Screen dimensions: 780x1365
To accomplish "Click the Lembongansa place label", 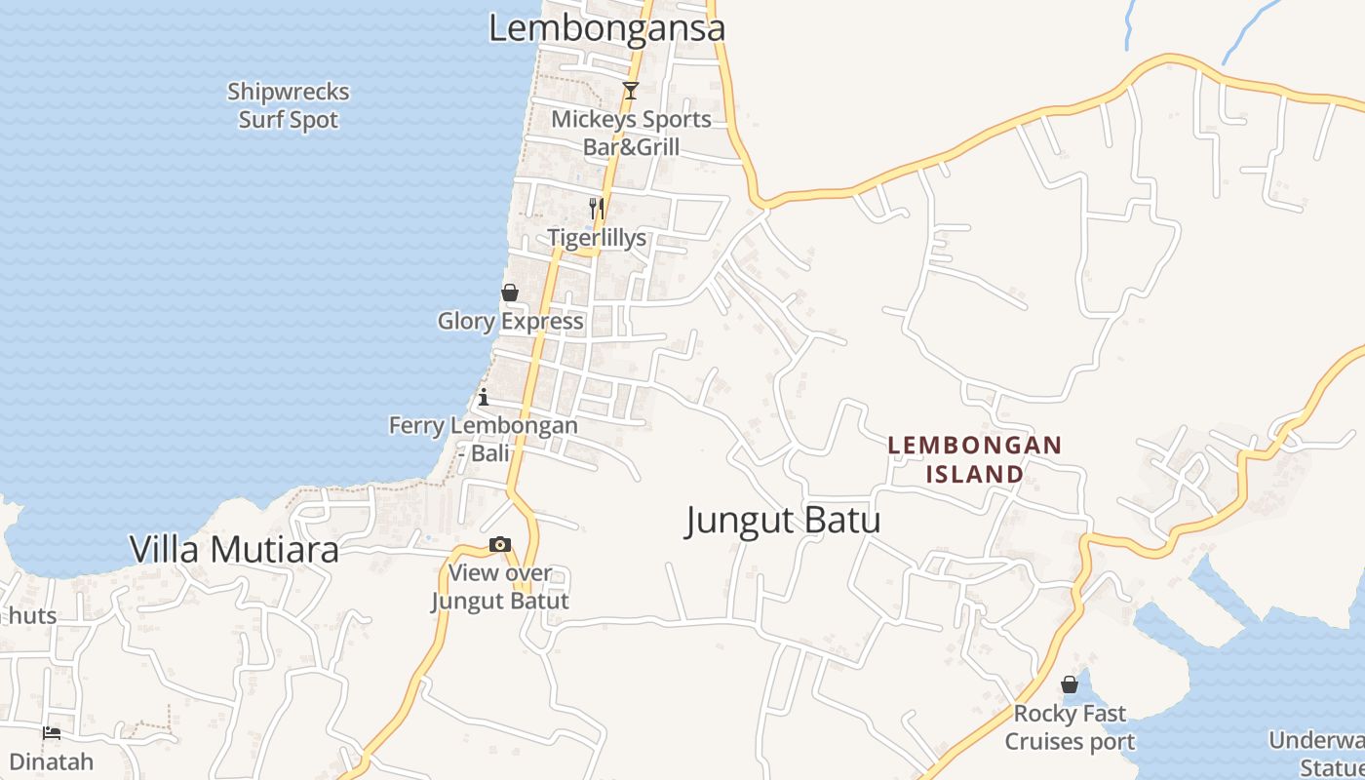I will click(x=606, y=27).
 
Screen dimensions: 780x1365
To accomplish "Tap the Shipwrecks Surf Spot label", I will click(x=289, y=105).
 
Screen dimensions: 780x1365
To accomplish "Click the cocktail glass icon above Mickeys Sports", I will click(x=631, y=91).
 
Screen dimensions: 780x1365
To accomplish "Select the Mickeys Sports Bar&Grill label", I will click(x=632, y=134).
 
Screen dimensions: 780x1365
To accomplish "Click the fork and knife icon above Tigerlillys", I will click(x=597, y=208).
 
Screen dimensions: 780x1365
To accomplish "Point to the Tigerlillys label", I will click(x=597, y=238).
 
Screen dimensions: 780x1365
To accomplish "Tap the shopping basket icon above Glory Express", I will click(x=509, y=292).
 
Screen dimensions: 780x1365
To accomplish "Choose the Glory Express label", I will click(x=510, y=321).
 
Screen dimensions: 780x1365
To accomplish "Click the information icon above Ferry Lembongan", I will click(x=483, y=397).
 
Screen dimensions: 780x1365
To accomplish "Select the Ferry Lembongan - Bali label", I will click(x=484, y=439).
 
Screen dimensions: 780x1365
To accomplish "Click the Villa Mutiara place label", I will click(x=235, y=550).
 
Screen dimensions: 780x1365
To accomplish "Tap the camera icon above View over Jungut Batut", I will click(x=500, y=545).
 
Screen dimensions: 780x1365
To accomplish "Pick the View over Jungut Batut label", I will click(x=500, y=587).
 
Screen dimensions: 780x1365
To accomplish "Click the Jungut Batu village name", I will click(x=783, y=521).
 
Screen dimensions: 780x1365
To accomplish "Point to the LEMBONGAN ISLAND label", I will click(x=974, y=459).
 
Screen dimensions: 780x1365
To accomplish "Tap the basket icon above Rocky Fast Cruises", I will click(x=1070, y=684).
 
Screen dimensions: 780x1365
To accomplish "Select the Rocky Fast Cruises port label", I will click(x=1070, y=727).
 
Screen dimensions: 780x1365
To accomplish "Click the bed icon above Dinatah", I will click(x=52, y=732).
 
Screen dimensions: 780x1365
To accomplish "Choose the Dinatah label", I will click(x=52, y=761).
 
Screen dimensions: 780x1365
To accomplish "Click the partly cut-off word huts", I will click(x=32, y=616).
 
